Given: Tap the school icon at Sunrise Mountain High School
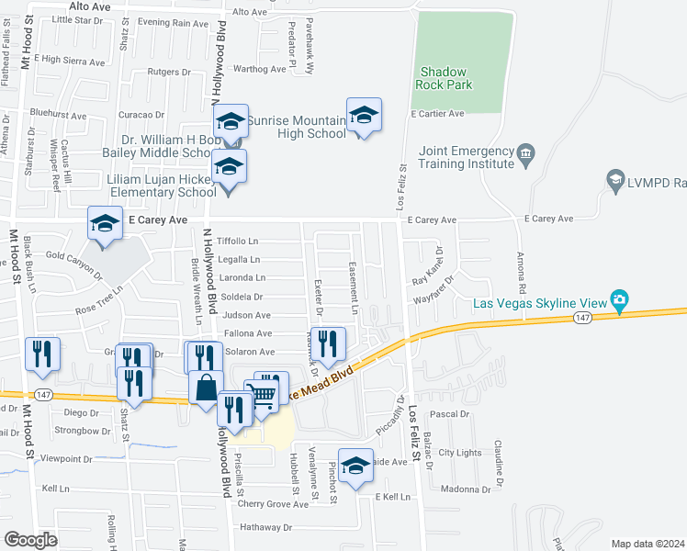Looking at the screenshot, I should [x=364, y=116].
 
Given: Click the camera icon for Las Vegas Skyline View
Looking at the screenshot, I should [x=620, y=299].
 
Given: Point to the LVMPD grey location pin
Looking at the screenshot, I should [x=615, y=181].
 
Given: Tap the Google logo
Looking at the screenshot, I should [x=30, y=539].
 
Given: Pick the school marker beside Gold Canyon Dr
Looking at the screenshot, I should [x=105, y=224].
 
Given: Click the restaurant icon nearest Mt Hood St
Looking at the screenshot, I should [x=42, y=355].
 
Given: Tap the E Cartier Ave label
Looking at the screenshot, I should [x=437, y=114].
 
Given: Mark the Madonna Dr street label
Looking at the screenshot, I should [x=460, y=489].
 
